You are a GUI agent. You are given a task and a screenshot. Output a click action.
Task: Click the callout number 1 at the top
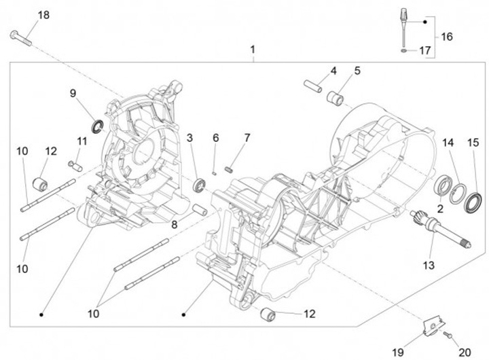click(x=253, y=50)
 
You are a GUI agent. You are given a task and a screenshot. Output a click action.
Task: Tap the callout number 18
click(x=43, y=15)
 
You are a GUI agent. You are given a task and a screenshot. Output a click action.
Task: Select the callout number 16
click(x=446, y=37)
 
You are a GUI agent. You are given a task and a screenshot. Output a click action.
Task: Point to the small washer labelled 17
click(x=405, y=50)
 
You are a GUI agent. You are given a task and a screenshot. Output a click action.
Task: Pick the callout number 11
click(x=82, y=141)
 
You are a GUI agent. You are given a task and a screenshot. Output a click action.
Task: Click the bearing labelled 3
click(x=199, y=184)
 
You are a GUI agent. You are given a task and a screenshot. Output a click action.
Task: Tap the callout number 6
click(x=216, y=138)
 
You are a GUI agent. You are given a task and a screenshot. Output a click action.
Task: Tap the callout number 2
click(x=440, y=209)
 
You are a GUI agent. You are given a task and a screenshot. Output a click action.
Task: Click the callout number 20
click(x=465, y=352)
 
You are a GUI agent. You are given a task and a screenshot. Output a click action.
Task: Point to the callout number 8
click(x=175, y=225)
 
